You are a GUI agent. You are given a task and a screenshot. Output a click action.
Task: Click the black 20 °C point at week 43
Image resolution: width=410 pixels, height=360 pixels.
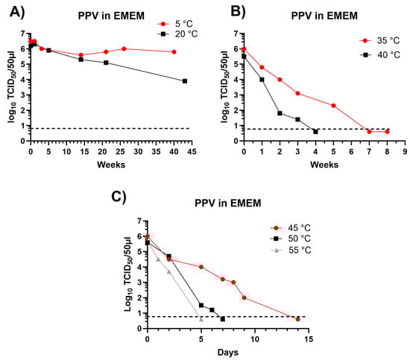(184, 80)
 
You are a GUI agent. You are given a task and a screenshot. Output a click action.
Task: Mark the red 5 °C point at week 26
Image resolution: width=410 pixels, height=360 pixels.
(124, 49)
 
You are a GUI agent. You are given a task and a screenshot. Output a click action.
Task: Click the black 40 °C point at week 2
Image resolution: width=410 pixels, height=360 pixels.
(280, 113)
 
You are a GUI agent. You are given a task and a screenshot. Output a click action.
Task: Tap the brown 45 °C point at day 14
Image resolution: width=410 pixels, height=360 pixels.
(297, 319)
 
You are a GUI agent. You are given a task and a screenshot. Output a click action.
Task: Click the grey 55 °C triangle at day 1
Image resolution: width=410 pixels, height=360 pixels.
(158, 259)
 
